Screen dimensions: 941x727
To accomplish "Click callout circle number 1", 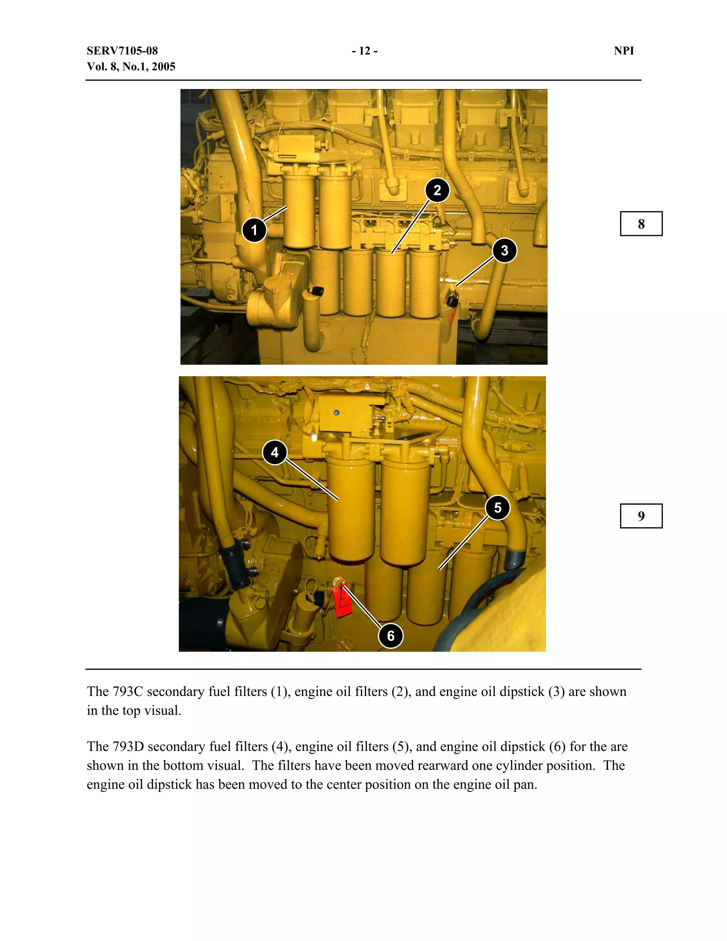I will pyautogui.click(x=254, y=230).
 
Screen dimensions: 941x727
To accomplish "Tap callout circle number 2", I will pyautogui.click(x=437, y=190).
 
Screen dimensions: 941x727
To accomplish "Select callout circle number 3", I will pyautogui.click(x=504, y=250).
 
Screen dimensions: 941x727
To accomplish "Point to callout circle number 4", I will pyautogui.click(x=275, y=452).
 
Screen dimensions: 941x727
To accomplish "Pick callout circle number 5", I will pyautogui.click(x=497, y=507).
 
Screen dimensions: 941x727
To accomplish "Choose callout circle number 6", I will pyautogui.click(x=390, y=636).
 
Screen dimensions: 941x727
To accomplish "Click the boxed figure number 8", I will pyautogui.click(x=641, y=224).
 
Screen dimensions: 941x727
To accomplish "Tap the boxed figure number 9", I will pyautogui.click(x=641, y=516).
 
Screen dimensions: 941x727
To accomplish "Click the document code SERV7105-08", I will pyautogui.click(x=122, y=51).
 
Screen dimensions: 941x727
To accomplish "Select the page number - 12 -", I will pyautogui.click(x=364, y=51).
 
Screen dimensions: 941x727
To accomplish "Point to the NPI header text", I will pyautogui.click(x=624, y=51).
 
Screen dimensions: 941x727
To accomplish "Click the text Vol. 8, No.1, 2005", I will pyautogui.click(x=131, y=66).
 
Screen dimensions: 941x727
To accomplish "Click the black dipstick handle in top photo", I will pyautogui.click(x=452, y=298).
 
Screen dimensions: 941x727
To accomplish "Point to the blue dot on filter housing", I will pyautogui.click(x=337, y=412).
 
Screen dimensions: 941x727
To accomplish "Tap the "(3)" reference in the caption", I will pyautogui.click(x=556, y=691).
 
